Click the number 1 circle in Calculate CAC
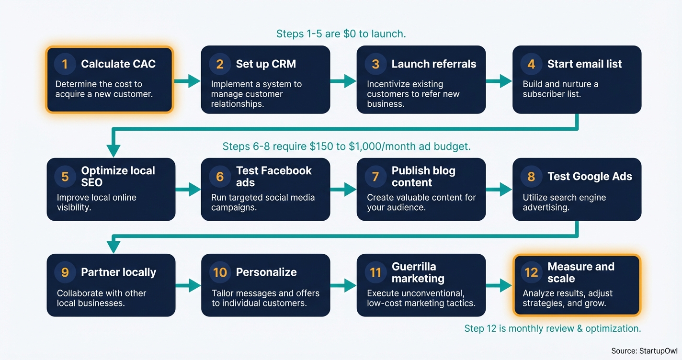coord(65,64)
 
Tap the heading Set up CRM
coord(266,64)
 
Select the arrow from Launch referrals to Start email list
coord(499,81)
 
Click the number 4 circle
coord(531,64)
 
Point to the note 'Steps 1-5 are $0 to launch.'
coord(341,34)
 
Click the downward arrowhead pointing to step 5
coord(113,150)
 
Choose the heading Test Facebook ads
coord(273,177)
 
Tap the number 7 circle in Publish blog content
coord(375,177)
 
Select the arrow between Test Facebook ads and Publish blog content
coord(343,190)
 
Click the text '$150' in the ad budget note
coord(320,146)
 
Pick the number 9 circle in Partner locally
coord(65,272)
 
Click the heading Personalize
coord(266,272)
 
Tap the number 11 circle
coord(375,272)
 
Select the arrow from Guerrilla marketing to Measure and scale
coord(499,286)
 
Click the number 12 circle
coord(531,272)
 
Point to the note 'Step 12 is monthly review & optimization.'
coord(552,328)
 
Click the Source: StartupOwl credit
coord(644,351)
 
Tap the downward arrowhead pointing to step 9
coord(113,246)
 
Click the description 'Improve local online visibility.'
coord(96,202)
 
